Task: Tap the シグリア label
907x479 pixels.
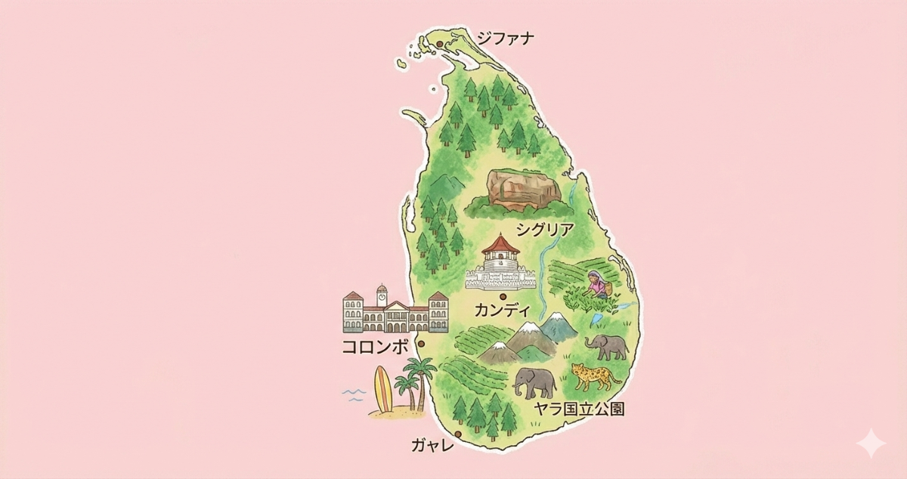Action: point(544,228)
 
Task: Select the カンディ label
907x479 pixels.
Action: point(502,309)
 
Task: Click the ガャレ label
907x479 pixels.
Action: point(432,445)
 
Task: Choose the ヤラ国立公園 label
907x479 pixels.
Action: point(579,409)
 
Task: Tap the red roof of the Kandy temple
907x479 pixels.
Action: point(502,246)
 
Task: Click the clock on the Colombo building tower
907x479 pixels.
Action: point(382,297)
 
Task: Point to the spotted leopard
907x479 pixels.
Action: point(595,375)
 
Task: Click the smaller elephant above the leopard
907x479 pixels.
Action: point(608,347)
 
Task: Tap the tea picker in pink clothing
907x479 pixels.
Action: point(597,285)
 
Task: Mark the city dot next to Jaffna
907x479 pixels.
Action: point(438,45)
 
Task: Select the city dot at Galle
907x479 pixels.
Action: point(459,434)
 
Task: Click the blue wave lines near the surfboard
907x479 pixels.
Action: point(354,394)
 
